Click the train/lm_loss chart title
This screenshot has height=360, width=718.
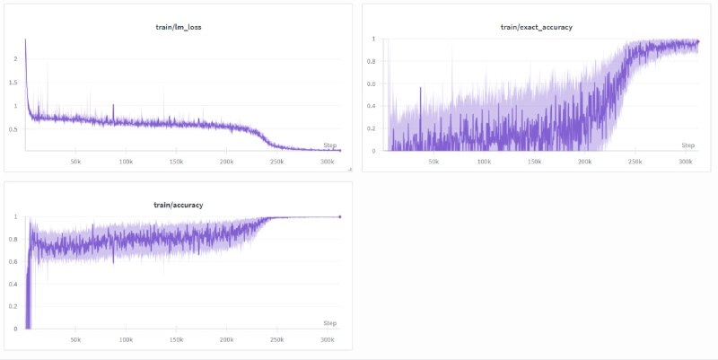tap(178, 28)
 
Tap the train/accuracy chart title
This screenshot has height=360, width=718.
tap(179, 205)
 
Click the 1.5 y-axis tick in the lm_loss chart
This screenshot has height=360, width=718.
tap(13, 83)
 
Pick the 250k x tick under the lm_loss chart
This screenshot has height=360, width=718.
tap(276, 162)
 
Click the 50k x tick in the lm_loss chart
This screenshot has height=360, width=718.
tap(75, 162)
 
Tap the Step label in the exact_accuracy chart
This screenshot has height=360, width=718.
tap(687, 145)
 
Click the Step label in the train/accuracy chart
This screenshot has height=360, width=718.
tap(330, 322)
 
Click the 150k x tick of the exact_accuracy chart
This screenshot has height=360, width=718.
tap(534, 162)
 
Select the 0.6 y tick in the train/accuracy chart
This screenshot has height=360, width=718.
tap(13, 261)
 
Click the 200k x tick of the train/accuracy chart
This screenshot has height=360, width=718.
tap(226, 339)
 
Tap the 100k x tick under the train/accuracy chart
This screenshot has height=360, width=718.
tap(126, 339)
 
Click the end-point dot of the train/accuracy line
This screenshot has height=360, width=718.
tap(340, 216)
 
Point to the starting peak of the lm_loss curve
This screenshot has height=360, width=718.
tap(25, 40)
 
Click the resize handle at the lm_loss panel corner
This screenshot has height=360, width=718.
tap(349, 168)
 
